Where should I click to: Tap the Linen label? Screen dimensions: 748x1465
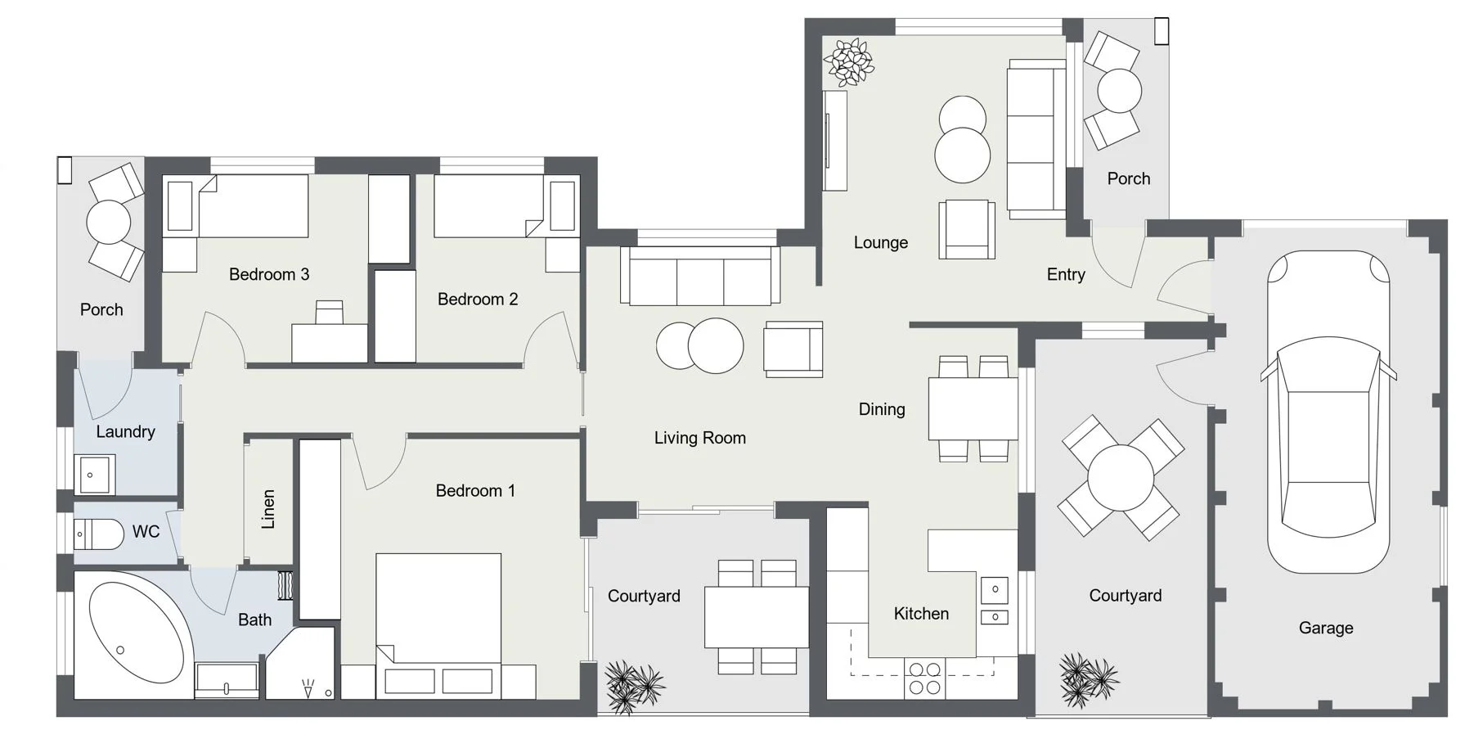click(x=268, y=509)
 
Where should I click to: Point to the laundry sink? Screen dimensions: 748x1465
click(x=95, y=475)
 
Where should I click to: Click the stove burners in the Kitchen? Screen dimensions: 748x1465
click(x=924, y=678)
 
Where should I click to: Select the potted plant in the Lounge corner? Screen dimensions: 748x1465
click(x=849, y=62)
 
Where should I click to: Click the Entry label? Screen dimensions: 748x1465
click(x=1065, y=275)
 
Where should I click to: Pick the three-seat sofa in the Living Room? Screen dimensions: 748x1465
click(x=700, y=276)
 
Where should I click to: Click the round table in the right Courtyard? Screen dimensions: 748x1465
click(x=1121, y=478)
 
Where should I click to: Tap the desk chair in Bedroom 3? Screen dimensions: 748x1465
click(x=330, y=312)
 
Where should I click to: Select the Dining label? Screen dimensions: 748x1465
click(x=881, y=409)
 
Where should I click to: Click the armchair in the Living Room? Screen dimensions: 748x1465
click(x=792, y=349)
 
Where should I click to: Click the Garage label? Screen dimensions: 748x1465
click(x=1325, y=628)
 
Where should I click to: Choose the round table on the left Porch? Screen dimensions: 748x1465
click(x=109, y=222)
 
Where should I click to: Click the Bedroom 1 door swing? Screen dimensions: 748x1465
click(x=381, y=463)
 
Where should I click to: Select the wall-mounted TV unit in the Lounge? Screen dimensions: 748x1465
click(x=834, y=140)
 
